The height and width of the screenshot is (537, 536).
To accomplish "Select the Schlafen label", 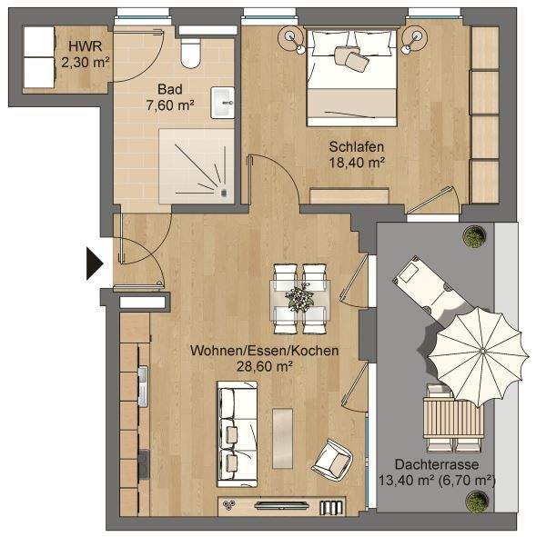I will click(x=355, y=146).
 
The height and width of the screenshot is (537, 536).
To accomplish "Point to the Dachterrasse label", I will click(x=435, y=462).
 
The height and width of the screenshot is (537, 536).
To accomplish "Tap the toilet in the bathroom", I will click(x=190, y=54).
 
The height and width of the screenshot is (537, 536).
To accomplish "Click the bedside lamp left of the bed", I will click(x=292, y=36).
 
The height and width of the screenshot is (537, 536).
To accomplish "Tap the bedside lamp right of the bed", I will click(x=418, y=36).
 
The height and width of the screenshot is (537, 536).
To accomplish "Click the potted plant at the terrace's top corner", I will click(x=472, y=239).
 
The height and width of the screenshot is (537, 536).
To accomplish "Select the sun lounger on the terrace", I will click(x=428, y=285).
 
